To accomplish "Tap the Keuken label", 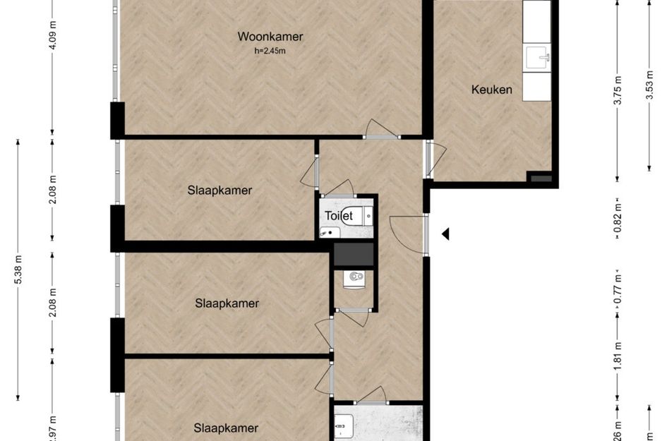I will pos(491,90).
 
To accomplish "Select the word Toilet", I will pos(338,216).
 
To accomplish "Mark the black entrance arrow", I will pos(445,234).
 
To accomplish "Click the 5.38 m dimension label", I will pos(18,269).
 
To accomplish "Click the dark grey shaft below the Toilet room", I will pos(353,253).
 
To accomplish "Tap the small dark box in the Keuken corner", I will pos(541,179).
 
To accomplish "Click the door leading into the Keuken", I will pos(434,159).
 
